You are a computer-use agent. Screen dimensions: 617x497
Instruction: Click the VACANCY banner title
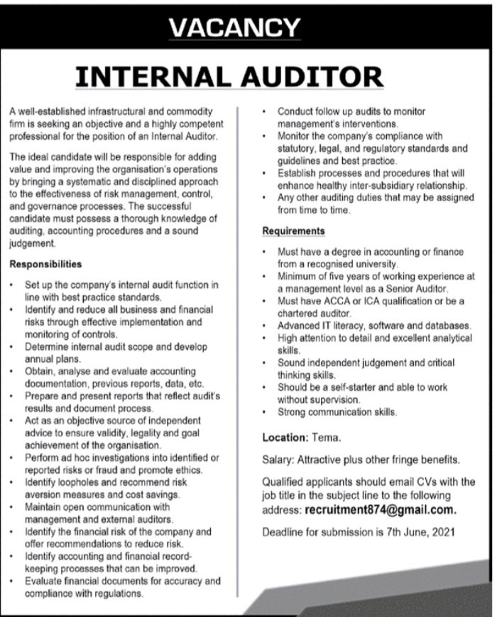point(235,28)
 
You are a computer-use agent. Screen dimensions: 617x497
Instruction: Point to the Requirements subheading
point(294,231)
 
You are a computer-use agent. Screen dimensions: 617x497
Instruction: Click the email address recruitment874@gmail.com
point(381,510)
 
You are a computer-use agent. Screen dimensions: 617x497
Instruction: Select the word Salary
point(278,459)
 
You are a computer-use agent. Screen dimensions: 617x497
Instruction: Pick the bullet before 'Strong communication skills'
point(264,411)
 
